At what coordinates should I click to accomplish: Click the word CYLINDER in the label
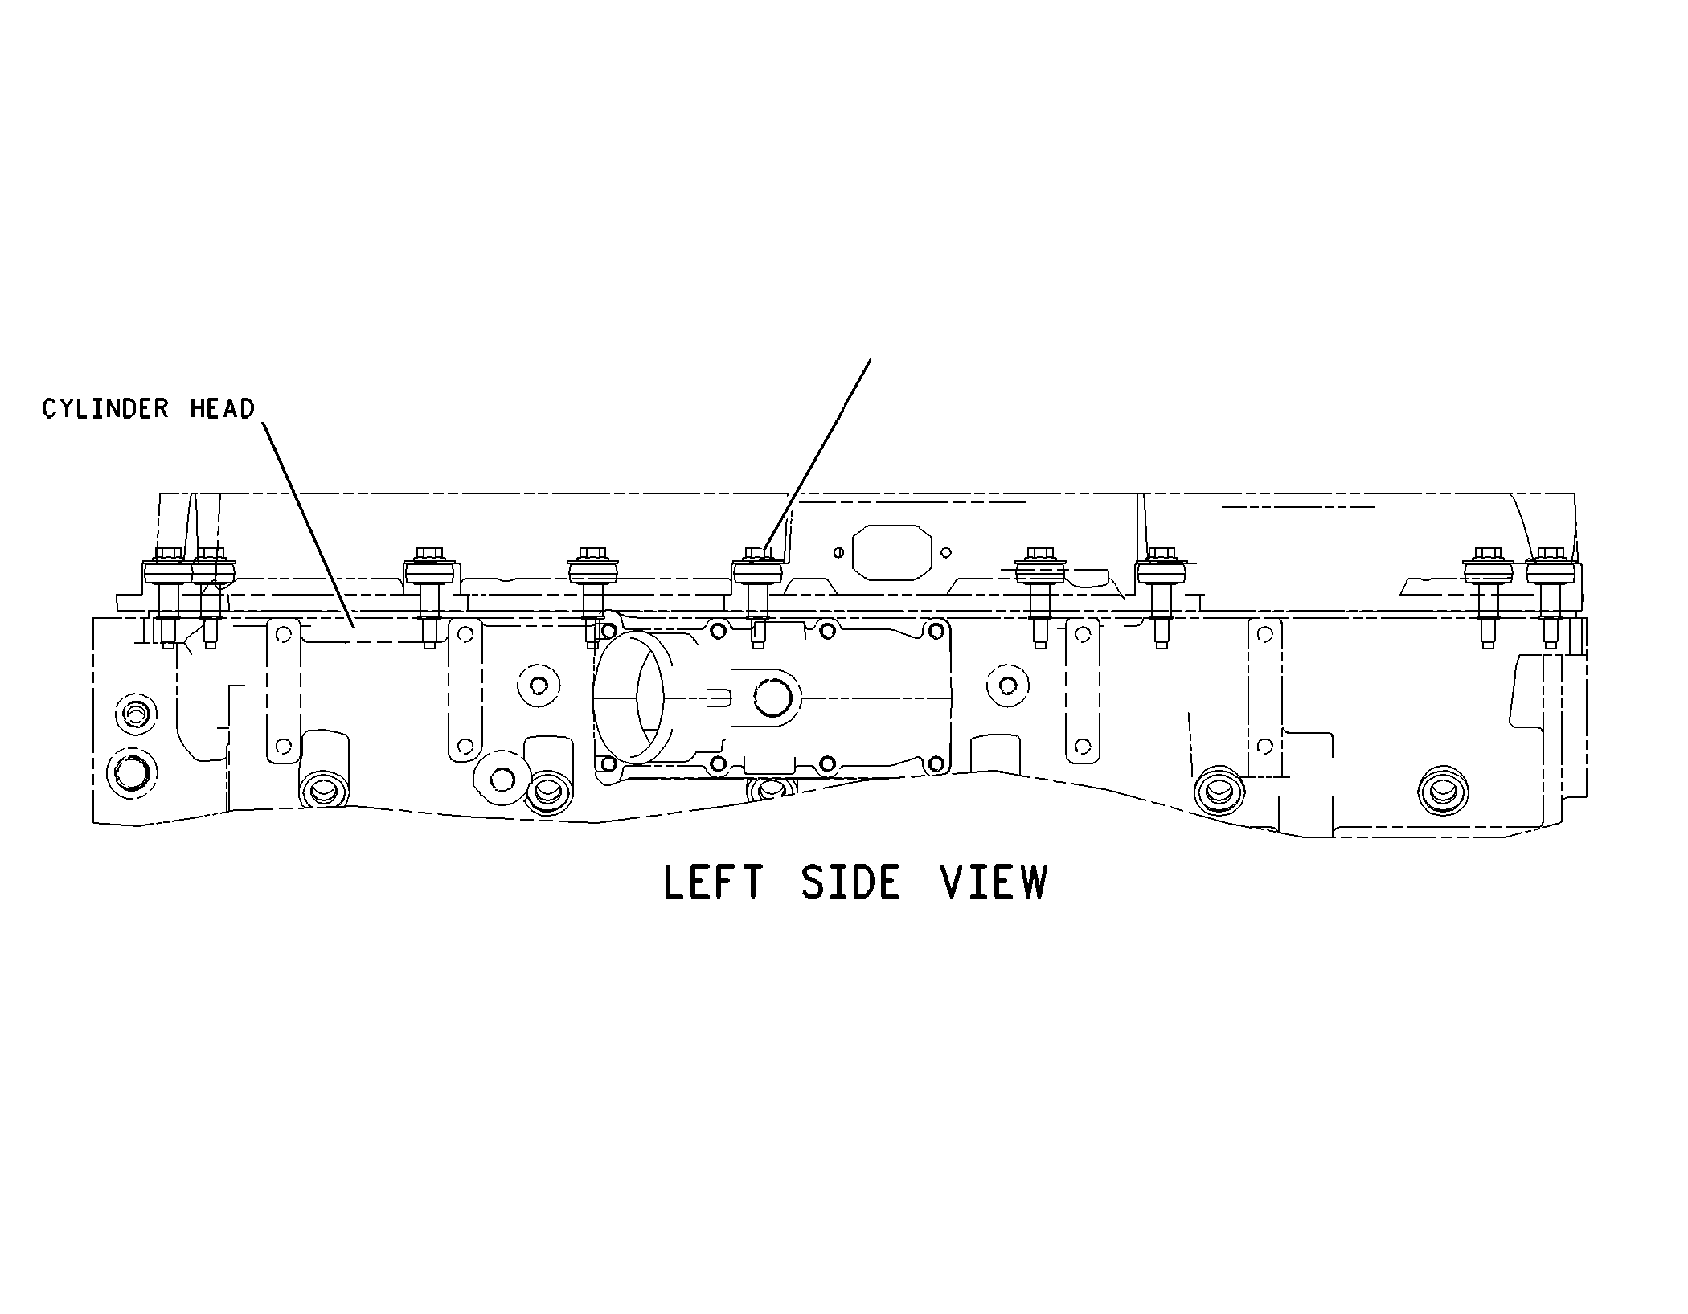coord(105,409)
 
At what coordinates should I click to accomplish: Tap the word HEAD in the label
coord(222,409)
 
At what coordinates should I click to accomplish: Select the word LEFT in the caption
coord(713,882)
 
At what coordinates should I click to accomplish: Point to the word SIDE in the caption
coord(851,882)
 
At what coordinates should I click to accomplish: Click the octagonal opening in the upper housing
coord(891,552)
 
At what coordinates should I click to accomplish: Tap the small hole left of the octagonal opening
coord(838,552)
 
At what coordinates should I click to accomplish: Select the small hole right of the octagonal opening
coord(946,552)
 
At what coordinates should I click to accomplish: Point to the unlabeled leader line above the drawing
coord(817,452)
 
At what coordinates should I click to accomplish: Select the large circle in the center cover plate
coord(775,697)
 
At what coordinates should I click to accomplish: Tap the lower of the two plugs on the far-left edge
coord(133,772)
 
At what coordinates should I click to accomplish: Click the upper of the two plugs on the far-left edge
coord(133,713)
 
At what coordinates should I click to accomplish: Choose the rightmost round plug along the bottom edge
coord(1443,792)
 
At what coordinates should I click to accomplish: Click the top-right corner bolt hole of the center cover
coord(935,631)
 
